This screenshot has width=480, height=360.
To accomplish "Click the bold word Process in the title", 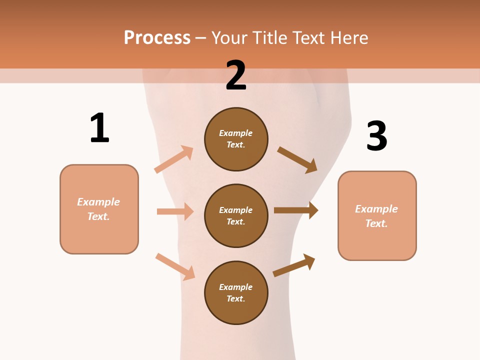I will point(157,37).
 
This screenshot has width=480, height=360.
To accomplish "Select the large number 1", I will point(99,128).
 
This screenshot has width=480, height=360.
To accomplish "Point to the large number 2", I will point(236,75).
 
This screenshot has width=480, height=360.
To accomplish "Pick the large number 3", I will point(376,136).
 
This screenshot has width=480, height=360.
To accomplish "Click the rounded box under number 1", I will point(99,209).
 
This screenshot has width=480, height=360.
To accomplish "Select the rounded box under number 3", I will point(377,215).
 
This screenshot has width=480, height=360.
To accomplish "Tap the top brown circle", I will point(236,139).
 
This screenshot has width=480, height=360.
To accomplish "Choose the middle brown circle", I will point(236,215).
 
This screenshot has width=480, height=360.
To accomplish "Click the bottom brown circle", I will point(236,292).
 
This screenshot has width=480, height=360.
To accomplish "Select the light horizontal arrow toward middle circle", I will point(175,211).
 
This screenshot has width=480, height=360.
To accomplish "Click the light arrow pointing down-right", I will point(175,266).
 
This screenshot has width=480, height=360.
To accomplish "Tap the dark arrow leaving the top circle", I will point(297,159).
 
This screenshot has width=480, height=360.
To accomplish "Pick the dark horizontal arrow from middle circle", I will point(296,210).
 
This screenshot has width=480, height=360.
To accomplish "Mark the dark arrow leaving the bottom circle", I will point(294,265).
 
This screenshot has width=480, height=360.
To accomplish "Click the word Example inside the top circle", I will point(236,133).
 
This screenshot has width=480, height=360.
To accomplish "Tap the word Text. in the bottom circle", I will point(236,298).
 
